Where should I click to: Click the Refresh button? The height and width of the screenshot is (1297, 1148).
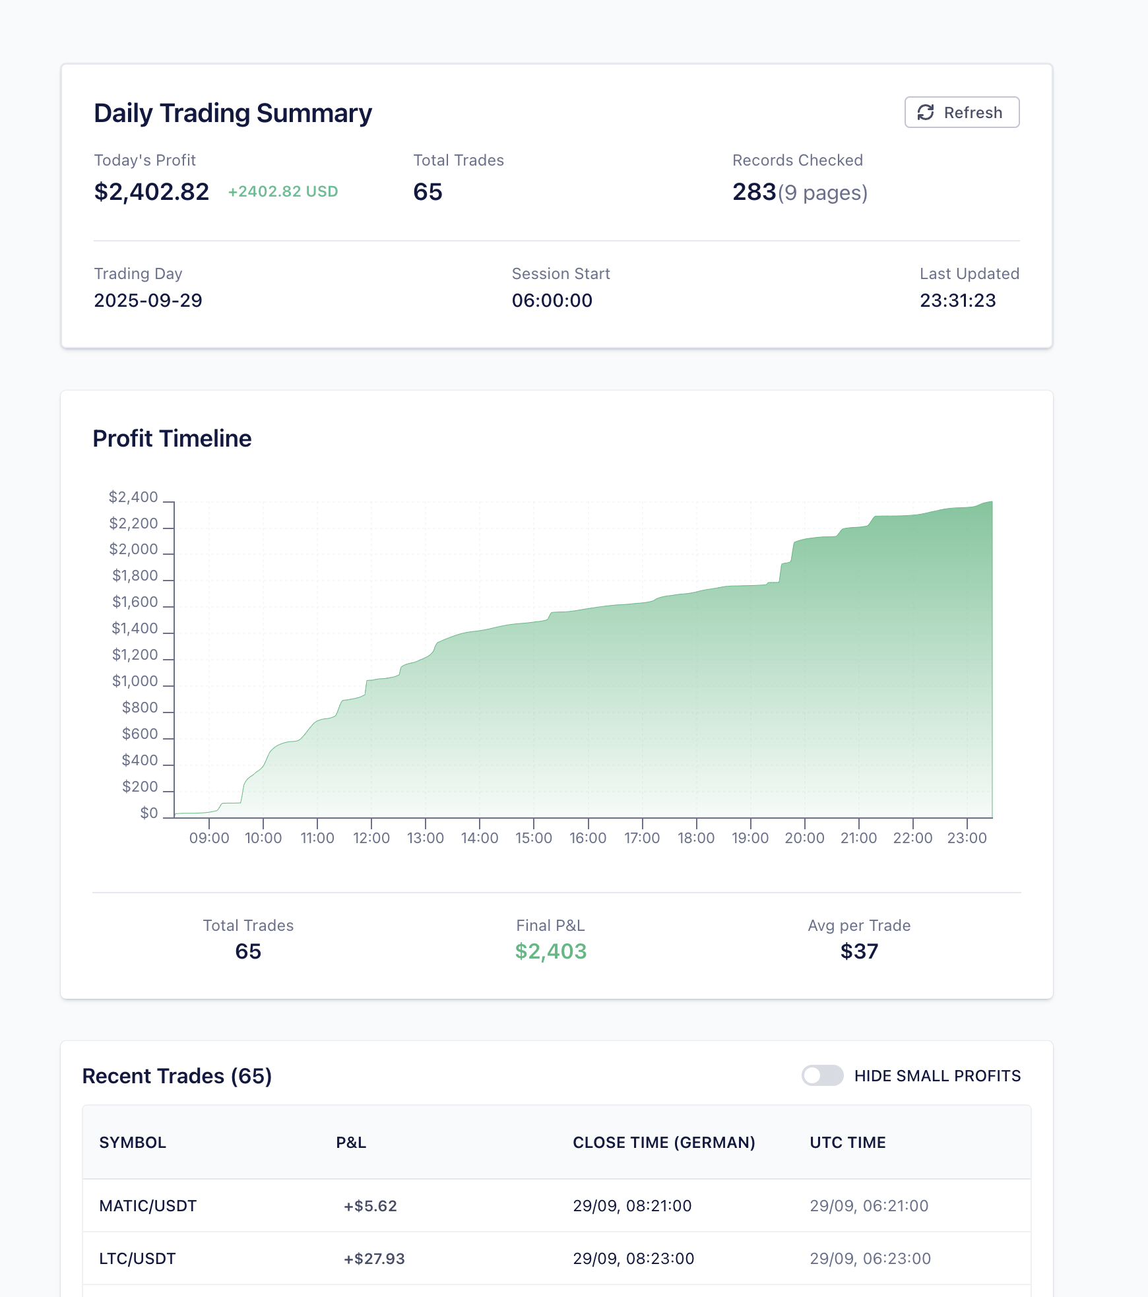961,112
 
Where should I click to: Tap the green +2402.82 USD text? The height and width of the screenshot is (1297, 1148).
282,191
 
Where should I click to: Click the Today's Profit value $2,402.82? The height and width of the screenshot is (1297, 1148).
151,192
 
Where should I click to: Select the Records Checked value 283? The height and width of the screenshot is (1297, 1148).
754,192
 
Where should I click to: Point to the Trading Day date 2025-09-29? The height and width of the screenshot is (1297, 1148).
148,300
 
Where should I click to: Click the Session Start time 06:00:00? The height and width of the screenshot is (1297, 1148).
552,300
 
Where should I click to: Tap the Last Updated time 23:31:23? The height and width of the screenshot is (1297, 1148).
957,300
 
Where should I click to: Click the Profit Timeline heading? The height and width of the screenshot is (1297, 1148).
172,439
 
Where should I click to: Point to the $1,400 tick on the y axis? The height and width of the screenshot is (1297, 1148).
135,628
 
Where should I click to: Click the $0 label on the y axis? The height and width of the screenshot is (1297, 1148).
149,813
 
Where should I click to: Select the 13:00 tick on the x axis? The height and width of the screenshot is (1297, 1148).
425,837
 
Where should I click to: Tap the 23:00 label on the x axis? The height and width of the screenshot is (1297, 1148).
967,838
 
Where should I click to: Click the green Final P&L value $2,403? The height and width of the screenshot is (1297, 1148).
550,951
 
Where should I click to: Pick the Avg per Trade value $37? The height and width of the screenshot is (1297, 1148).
859,951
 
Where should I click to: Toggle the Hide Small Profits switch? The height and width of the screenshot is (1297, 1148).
822,1075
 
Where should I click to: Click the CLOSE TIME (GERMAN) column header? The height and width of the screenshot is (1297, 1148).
663,1143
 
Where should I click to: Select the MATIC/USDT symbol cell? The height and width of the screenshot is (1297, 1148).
148,1206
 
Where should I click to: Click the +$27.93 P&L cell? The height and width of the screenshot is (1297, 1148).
374,1259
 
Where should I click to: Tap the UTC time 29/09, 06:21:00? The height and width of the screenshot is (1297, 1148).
868,1206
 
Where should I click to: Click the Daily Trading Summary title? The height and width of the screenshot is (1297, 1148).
233,113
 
